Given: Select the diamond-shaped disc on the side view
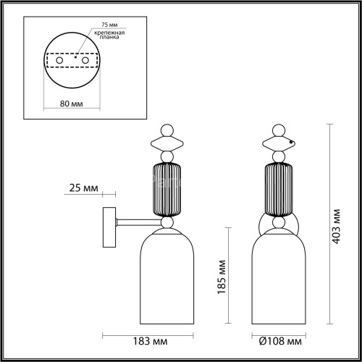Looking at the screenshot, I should (167, 140).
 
